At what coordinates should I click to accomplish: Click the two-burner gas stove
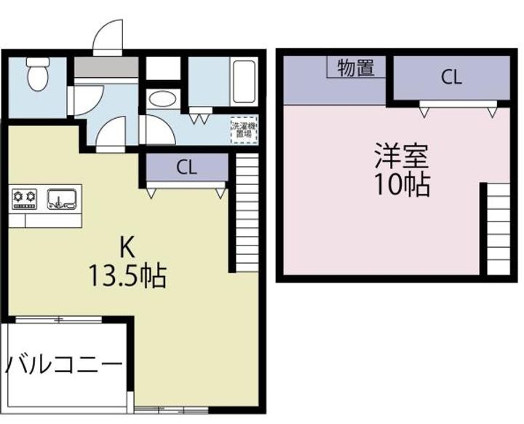point(25,197)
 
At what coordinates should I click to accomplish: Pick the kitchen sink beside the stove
point(63,198)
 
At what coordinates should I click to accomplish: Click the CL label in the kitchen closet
point(186,168)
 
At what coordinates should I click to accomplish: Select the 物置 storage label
point(356,68)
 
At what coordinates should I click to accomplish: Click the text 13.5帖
point(127,276)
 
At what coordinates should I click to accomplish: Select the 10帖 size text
point(400,186)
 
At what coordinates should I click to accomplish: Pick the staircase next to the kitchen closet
point(247,215)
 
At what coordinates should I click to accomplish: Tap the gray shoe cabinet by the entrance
point(106,67)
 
